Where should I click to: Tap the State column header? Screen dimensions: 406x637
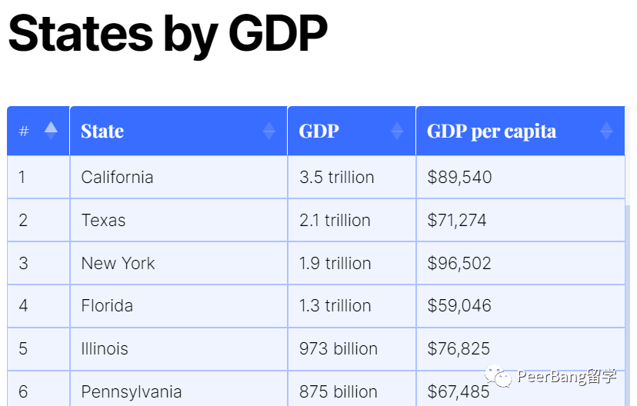point(102,131)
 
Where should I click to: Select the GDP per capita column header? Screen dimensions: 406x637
point(492,131)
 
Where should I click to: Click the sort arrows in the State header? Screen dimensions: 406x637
point(268,131)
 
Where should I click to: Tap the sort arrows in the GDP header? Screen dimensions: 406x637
point(397,131)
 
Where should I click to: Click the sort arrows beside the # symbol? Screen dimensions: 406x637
point(51,131)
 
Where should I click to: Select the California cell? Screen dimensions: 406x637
point(117,178)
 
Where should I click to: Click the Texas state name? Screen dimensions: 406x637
point(103,221)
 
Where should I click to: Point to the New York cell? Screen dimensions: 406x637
point(118,264)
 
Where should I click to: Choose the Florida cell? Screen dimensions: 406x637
point(107,306)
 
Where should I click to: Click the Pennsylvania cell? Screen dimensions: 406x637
point(132,392)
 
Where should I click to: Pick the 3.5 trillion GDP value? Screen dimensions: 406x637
point(336,178)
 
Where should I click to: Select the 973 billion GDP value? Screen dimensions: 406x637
point(339,349)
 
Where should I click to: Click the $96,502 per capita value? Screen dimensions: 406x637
point(459,264)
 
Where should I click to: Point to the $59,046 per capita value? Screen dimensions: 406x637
point(459,306)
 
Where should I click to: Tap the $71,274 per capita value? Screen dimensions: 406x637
point(457,221)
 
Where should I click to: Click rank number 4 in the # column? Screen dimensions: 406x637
point(23,306)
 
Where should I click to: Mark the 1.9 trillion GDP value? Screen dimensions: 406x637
point(335,264)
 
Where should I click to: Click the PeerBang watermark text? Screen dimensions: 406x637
point(566,377)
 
